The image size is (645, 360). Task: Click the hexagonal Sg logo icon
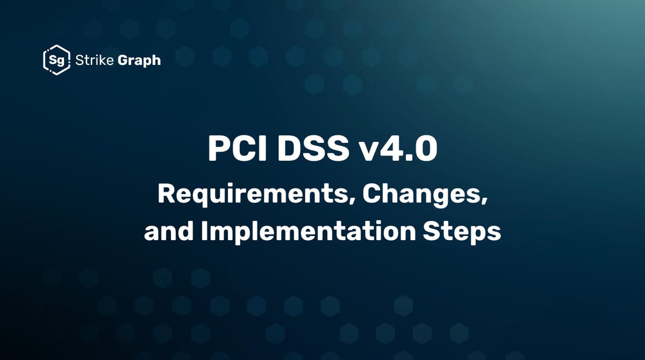click(56, 60)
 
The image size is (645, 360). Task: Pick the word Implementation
click(306, 233)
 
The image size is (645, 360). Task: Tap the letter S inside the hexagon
click(53, 60)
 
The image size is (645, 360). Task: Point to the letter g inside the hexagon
click(60, 61)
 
